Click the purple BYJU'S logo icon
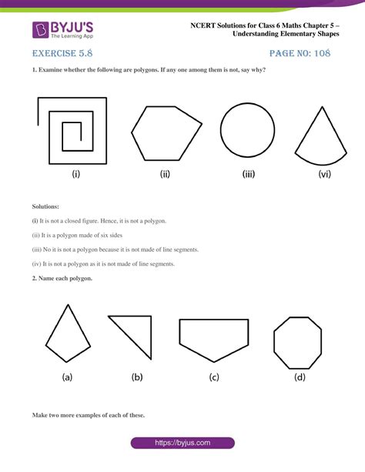pos(40,30)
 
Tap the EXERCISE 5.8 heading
pos(62,53)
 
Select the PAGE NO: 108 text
pos(300,53)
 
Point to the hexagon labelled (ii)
pos(132,132)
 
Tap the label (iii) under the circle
pos(249,174)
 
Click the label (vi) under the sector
pos(325,174)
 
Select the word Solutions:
pos(45,206)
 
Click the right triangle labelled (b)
pos(151,337)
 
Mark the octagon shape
pos(274,343)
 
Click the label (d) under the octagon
pos(300,377)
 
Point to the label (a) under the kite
pos(67,377)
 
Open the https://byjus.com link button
pos(182,443)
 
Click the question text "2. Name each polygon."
pos(62,279)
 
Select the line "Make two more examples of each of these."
pos(89,415)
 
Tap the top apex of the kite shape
pos(68,305)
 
